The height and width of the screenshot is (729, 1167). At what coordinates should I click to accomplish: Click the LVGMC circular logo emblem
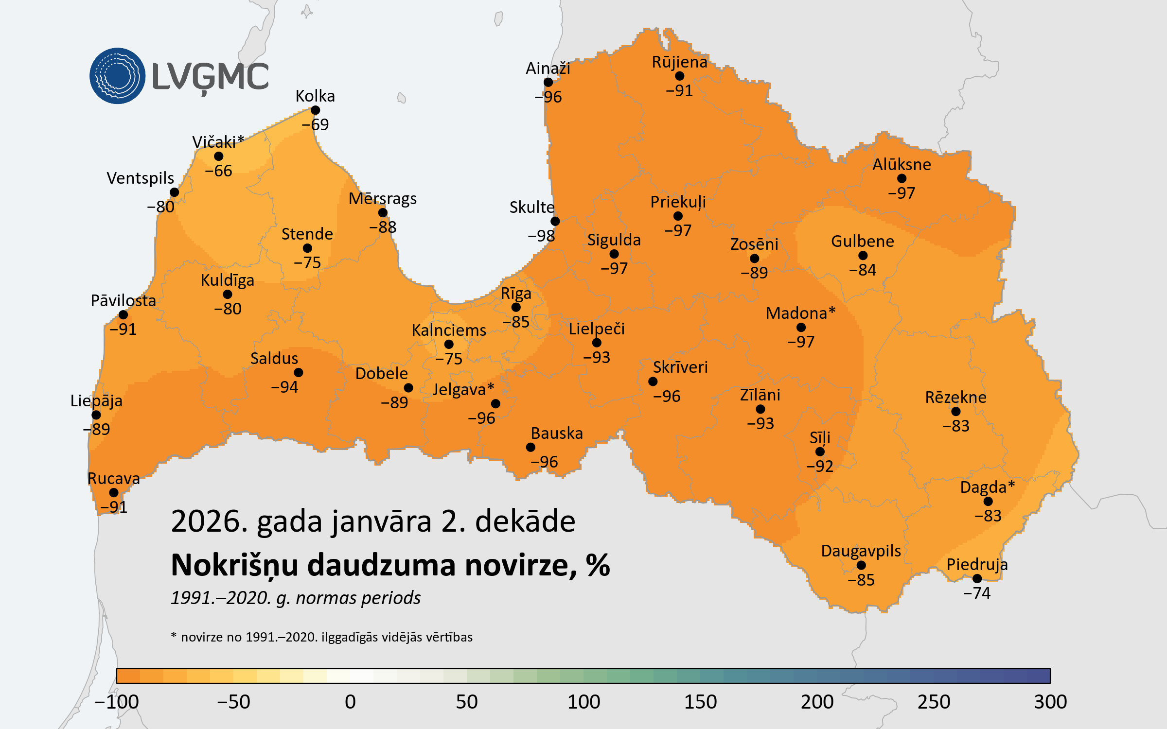tap(117, 76)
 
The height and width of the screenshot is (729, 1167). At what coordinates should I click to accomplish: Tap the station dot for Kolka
tap(315, 110)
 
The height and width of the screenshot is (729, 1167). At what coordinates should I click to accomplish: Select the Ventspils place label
tap(140, 178)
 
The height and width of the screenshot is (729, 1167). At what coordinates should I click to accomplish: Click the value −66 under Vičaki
tap(218, 171)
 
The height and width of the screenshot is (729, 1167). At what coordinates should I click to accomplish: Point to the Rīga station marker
tap(516, 307)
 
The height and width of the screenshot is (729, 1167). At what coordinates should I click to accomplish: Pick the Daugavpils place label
tap(861, 551)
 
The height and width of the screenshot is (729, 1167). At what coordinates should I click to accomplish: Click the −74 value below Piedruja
tap(976, 593)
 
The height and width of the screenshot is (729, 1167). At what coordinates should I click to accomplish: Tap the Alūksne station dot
tap(902, 178)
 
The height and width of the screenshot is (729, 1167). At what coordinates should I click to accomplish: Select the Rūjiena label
tap(679, 62)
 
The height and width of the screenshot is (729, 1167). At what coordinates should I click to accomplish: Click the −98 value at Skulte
tap(541, 236)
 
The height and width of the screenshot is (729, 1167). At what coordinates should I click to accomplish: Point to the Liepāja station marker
tap(96, 415)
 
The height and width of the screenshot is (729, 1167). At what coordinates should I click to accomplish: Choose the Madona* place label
tap(800, 313)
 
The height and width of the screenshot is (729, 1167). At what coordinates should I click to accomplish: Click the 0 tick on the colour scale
tap(350, 702)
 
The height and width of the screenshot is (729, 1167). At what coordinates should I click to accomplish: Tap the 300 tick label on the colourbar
tap(1050, 702)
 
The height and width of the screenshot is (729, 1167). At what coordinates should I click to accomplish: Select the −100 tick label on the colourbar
tap(117, 702)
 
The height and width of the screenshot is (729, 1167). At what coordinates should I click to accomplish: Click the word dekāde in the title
tap(525, 521)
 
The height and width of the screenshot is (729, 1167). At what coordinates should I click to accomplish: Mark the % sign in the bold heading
tap(598, 565)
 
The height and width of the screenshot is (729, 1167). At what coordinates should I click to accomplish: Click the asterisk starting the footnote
tap(174, 636)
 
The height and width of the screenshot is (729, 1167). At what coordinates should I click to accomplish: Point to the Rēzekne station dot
tap(956, 412)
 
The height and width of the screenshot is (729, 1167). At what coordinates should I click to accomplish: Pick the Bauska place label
tap(557, 433)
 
